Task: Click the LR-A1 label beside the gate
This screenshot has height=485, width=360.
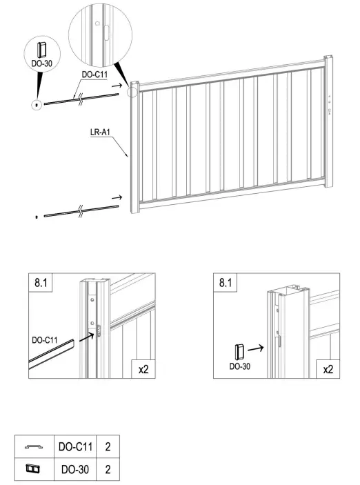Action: click(100, 132)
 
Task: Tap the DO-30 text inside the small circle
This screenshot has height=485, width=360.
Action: click(42, 63)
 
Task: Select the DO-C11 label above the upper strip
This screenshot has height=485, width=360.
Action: click(94, 75)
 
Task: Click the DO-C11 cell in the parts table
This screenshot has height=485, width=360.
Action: click(75, 446)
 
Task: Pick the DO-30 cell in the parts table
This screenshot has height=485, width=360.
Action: click(75, 469)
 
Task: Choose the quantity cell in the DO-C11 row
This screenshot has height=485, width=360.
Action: click(108, 446)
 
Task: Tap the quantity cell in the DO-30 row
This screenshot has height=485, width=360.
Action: click(108, 469)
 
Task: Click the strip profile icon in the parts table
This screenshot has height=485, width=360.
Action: click(34, 446)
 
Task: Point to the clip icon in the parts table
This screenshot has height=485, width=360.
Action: click(33, 469)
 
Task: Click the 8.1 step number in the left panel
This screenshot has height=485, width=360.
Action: click(41, 282)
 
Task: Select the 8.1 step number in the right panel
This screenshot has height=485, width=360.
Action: click(225, 282)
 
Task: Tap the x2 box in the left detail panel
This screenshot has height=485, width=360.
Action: click(143, 369)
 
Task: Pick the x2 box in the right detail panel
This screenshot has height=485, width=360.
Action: click(328, 369)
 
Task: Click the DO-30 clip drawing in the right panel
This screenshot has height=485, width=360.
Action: click(239, 352)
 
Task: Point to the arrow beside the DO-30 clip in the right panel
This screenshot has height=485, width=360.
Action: click(255, 348)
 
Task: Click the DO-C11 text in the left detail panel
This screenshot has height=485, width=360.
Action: click(45, 340)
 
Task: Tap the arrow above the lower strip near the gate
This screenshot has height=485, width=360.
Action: click(117, 197)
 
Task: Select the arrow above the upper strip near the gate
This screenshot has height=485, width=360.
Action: click(117, 85)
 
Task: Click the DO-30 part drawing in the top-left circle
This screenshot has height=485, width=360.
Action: click(41, 50)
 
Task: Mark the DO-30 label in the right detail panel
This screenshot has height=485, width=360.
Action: click(240, 366)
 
